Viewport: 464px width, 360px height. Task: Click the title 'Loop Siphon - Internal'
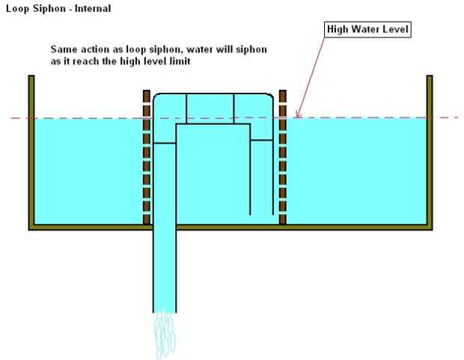pos(58,9)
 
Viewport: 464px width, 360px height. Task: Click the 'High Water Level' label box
pos(367,29)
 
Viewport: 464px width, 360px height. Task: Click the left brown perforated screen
pos(147,157)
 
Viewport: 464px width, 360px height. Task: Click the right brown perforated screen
pos(283,157)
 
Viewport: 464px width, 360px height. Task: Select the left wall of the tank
pos(31,150)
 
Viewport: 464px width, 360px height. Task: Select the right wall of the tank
pos(430,150)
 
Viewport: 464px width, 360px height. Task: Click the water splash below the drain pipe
pos(165,335)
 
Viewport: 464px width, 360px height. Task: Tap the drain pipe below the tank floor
pos(165,269)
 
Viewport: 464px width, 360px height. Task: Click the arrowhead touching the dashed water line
pos(297,115)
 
